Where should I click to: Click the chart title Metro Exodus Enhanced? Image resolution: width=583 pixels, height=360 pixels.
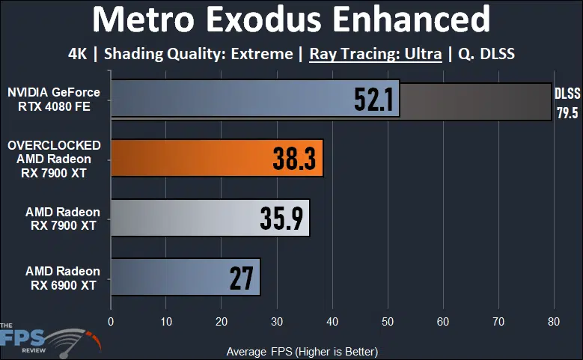(x=291, y=21)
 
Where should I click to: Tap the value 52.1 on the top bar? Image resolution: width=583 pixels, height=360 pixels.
(x=373, y=100)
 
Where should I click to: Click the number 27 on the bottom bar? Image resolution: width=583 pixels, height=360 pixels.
(x=241, y=277)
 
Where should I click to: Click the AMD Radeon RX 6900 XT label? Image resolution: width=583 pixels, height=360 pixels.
(x=63, y=277)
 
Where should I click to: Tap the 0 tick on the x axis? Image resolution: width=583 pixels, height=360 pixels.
(x=111, y=323)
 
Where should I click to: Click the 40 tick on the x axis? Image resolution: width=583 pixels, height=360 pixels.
(x=332, y=323)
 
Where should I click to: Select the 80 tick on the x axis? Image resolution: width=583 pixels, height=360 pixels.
(x=553, y=323)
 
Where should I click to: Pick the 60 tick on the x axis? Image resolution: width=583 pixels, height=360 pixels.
(x=442, y=323)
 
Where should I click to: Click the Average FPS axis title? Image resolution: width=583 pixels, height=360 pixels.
(x=302, y=351)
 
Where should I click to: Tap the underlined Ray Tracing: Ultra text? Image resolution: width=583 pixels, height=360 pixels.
(x=375, y=54)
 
